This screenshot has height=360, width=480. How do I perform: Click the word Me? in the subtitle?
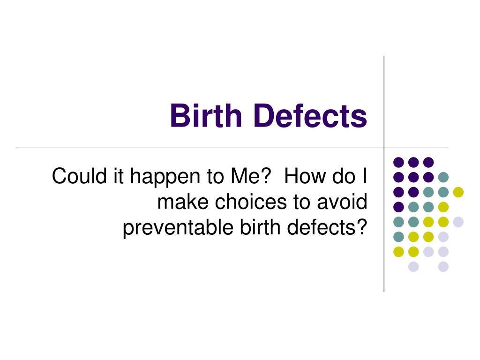pyautogui.click(x=251, y=177)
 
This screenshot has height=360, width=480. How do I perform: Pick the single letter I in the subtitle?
pyautogui.click(x=364, y=177)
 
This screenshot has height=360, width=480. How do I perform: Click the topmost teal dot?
pyautogui.click(x=443, y=177)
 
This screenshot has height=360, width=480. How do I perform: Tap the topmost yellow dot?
pyautogui.click(x=458, y=192)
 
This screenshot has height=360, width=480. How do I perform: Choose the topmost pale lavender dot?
pyautogui.click(x=458, y=222)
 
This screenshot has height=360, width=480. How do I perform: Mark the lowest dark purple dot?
pyautogui.click(x=398, y=207)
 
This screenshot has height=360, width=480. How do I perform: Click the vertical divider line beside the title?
pyautogui.click(x=384, y=103)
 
